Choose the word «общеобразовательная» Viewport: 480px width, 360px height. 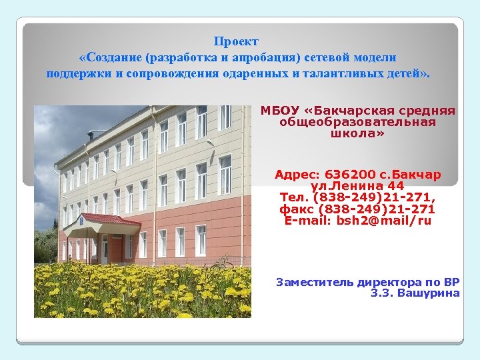pos(358,122)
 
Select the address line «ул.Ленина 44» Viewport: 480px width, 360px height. pos(357,187)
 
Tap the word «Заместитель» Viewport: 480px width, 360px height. pos(315,282)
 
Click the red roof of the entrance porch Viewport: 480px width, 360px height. pos(110,219)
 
